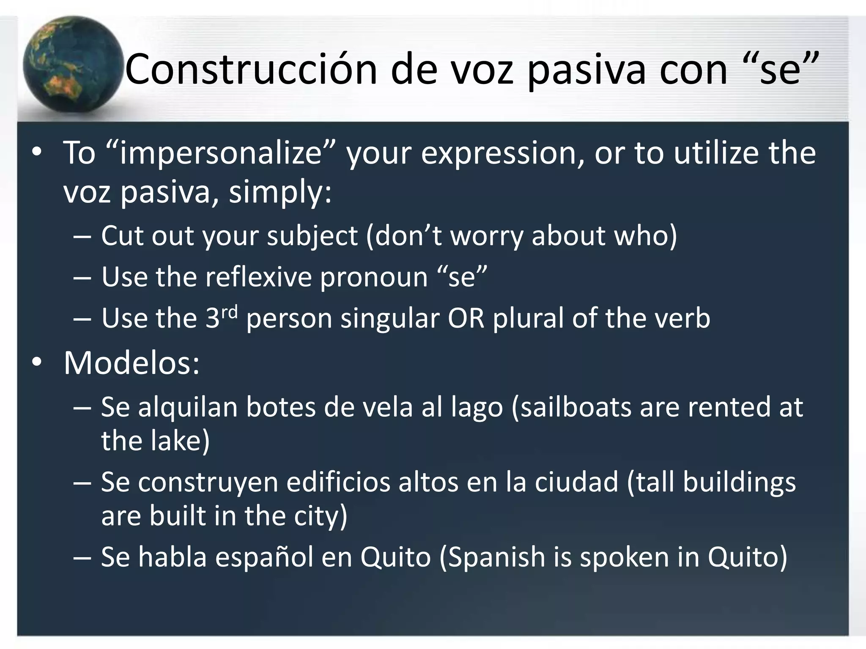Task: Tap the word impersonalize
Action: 220,153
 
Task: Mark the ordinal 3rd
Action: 222,317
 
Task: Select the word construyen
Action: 208,483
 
